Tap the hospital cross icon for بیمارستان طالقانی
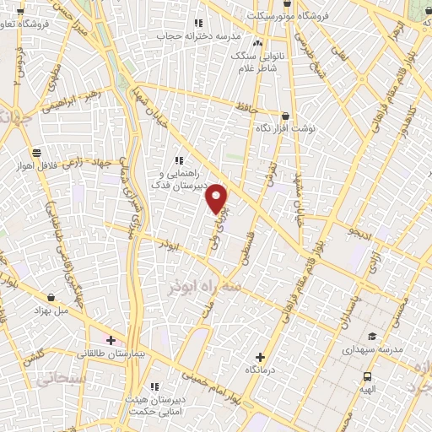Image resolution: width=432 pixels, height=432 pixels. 111,340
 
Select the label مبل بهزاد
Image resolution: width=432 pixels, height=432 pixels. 52,310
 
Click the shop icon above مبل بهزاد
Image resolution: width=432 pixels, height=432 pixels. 52,297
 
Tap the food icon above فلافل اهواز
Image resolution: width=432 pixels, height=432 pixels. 37,153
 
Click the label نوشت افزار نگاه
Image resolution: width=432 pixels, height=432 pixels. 285,130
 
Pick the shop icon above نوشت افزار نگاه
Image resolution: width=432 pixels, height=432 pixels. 285,116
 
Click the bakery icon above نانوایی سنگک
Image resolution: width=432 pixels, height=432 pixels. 257,42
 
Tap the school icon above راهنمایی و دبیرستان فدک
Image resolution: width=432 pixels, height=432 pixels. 178,159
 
